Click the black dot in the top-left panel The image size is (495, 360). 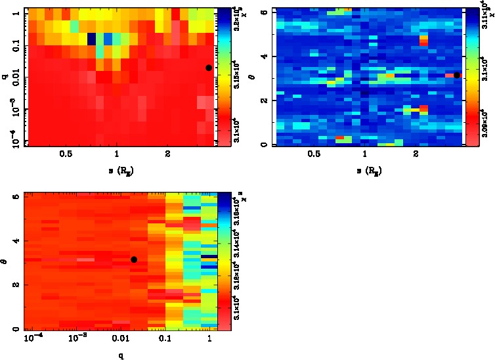(x=209, y=68)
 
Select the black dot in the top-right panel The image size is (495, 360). (x=457, y=76)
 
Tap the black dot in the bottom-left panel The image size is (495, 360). (x=134, y=259)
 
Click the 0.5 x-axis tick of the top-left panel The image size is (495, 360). (x=66, y=155)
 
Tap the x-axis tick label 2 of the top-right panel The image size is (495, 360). (x=416, y=155)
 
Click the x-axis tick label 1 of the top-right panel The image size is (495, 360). (x=364, y=155)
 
